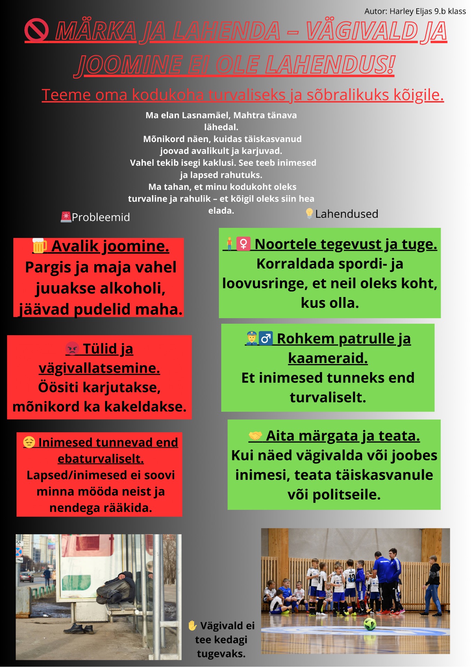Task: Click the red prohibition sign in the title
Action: click(36, 30)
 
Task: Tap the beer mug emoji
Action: click(39, 246)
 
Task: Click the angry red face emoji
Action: click(72, 348)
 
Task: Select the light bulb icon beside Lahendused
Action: click(309, 213)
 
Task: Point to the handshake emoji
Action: click(255, 435)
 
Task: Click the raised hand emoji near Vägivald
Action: click(192, 626)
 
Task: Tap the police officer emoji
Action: click(251, 338)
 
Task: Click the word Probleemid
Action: click(101, 217)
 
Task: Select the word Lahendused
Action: click(346, 214)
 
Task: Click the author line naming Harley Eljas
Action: click(415, 11)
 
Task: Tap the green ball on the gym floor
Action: click(370, 624)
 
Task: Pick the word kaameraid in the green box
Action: click(328, 358)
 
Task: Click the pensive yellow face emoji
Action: click(29, 442)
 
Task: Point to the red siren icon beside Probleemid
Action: click(66, 217)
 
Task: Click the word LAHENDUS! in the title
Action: click(330, 65)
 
